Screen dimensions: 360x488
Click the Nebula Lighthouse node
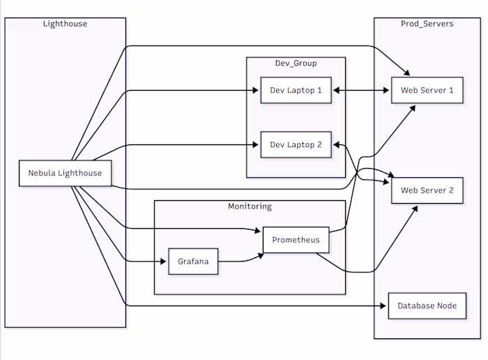[65, 173]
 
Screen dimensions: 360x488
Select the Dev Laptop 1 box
[296, 90]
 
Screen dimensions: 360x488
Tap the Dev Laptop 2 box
[296, 145]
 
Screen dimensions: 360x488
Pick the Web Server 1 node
[427, 90]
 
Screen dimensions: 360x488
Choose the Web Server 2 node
[427, 190]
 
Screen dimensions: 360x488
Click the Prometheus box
[296, 240]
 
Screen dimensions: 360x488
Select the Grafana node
[193, 262]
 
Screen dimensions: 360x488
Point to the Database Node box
[427, 306]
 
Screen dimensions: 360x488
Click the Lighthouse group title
[65, 24]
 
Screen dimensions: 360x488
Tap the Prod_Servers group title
[427, 24]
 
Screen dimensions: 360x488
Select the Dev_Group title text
[296, 63]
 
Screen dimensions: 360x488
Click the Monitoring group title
[250, 207]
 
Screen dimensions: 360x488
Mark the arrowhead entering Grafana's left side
[165, 262]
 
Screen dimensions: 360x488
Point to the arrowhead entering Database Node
[384, 306]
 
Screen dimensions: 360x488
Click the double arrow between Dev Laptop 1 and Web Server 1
[360, 90]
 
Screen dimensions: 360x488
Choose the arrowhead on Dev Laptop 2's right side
[335, 145]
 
